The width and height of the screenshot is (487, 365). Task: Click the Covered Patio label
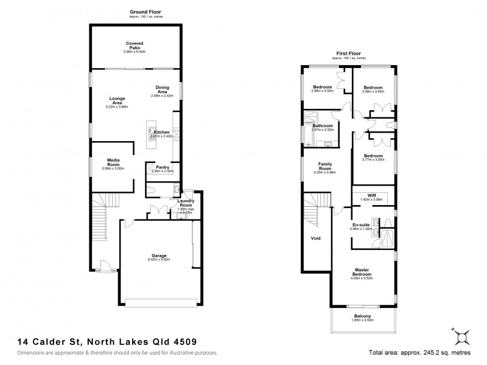pos(135,45)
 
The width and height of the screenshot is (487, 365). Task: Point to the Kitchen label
pos(161,132)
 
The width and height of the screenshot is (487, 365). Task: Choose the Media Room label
pos(114,162)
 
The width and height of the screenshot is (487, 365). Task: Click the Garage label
pos(159,255)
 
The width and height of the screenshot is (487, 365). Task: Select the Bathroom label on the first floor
pos(323,126)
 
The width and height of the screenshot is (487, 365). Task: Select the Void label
pos(315,238)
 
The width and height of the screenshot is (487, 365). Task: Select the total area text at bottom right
pos(420,352)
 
